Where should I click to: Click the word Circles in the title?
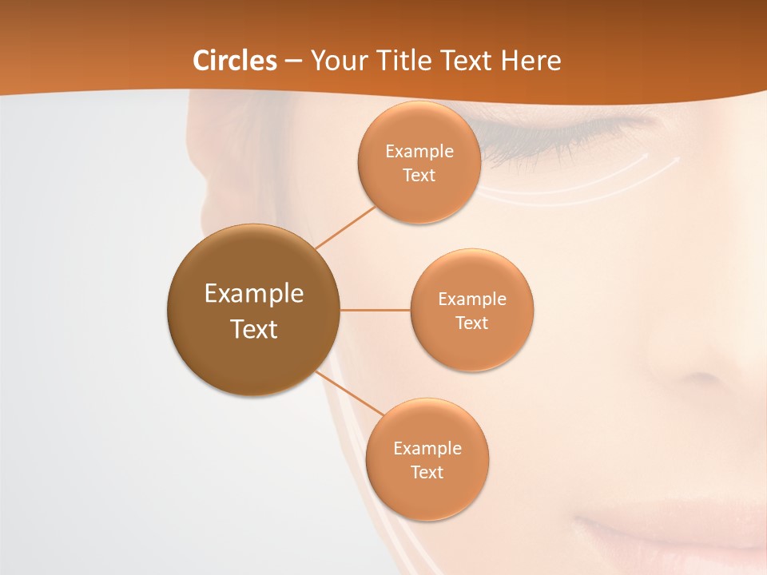tap(234, 61)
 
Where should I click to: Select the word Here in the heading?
tap(531, 61)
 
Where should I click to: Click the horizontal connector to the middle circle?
tap(375, 310)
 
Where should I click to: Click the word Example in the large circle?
tap(254, 294)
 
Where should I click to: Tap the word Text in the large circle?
tap(254, 329)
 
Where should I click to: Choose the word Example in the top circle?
tap(419, 152)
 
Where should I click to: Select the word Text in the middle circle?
tap(472, 323)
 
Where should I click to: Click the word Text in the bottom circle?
tap(427, 472)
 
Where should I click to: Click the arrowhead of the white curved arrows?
tap(675, 159)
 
